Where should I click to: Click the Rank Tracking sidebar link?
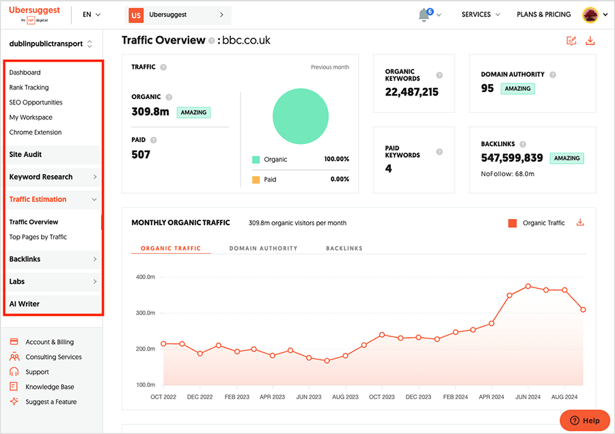click(x=29, y=87)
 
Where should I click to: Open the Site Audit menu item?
click(x=26, y=155)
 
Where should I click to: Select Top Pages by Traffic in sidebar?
click(x=38, y=237)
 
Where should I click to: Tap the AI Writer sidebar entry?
click(x=25, y=304)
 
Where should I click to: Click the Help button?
click(x=584, y=420)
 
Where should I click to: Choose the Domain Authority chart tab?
click(x=263, y=248)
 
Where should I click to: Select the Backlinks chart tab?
click(x=344, y=248)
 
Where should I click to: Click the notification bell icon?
click(x=424, y=15)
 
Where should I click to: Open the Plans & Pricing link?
click(x=543, y=14)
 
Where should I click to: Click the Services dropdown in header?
click(x=480, y=14)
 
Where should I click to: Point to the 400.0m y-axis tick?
click(x=146, y=277)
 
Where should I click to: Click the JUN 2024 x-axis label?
click(x=528, y=396)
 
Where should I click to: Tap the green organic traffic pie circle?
click(x=301, y=117)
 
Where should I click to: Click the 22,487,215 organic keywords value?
click(x=411, y=92)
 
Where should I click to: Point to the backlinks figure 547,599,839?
click(x=512, y=158)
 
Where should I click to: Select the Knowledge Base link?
click(x=51, y=387)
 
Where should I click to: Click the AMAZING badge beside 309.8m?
click(x=193, y=112)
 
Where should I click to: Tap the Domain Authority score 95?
click(x=487, y=88)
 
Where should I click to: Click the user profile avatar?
click(x=590, y=14)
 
